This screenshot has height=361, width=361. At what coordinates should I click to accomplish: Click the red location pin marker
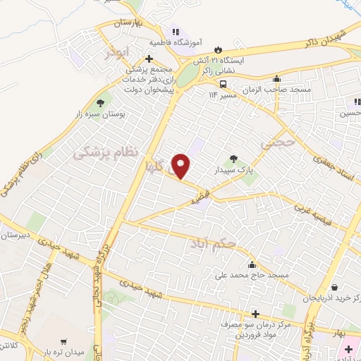[183, 165]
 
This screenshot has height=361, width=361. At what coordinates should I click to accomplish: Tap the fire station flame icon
[217, 49]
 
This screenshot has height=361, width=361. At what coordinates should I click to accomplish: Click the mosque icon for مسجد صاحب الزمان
[278, 79]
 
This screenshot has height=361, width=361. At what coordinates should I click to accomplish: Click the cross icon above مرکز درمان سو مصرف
[255, 312]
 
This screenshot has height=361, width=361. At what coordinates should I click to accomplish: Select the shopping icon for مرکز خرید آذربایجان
[343, 288]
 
